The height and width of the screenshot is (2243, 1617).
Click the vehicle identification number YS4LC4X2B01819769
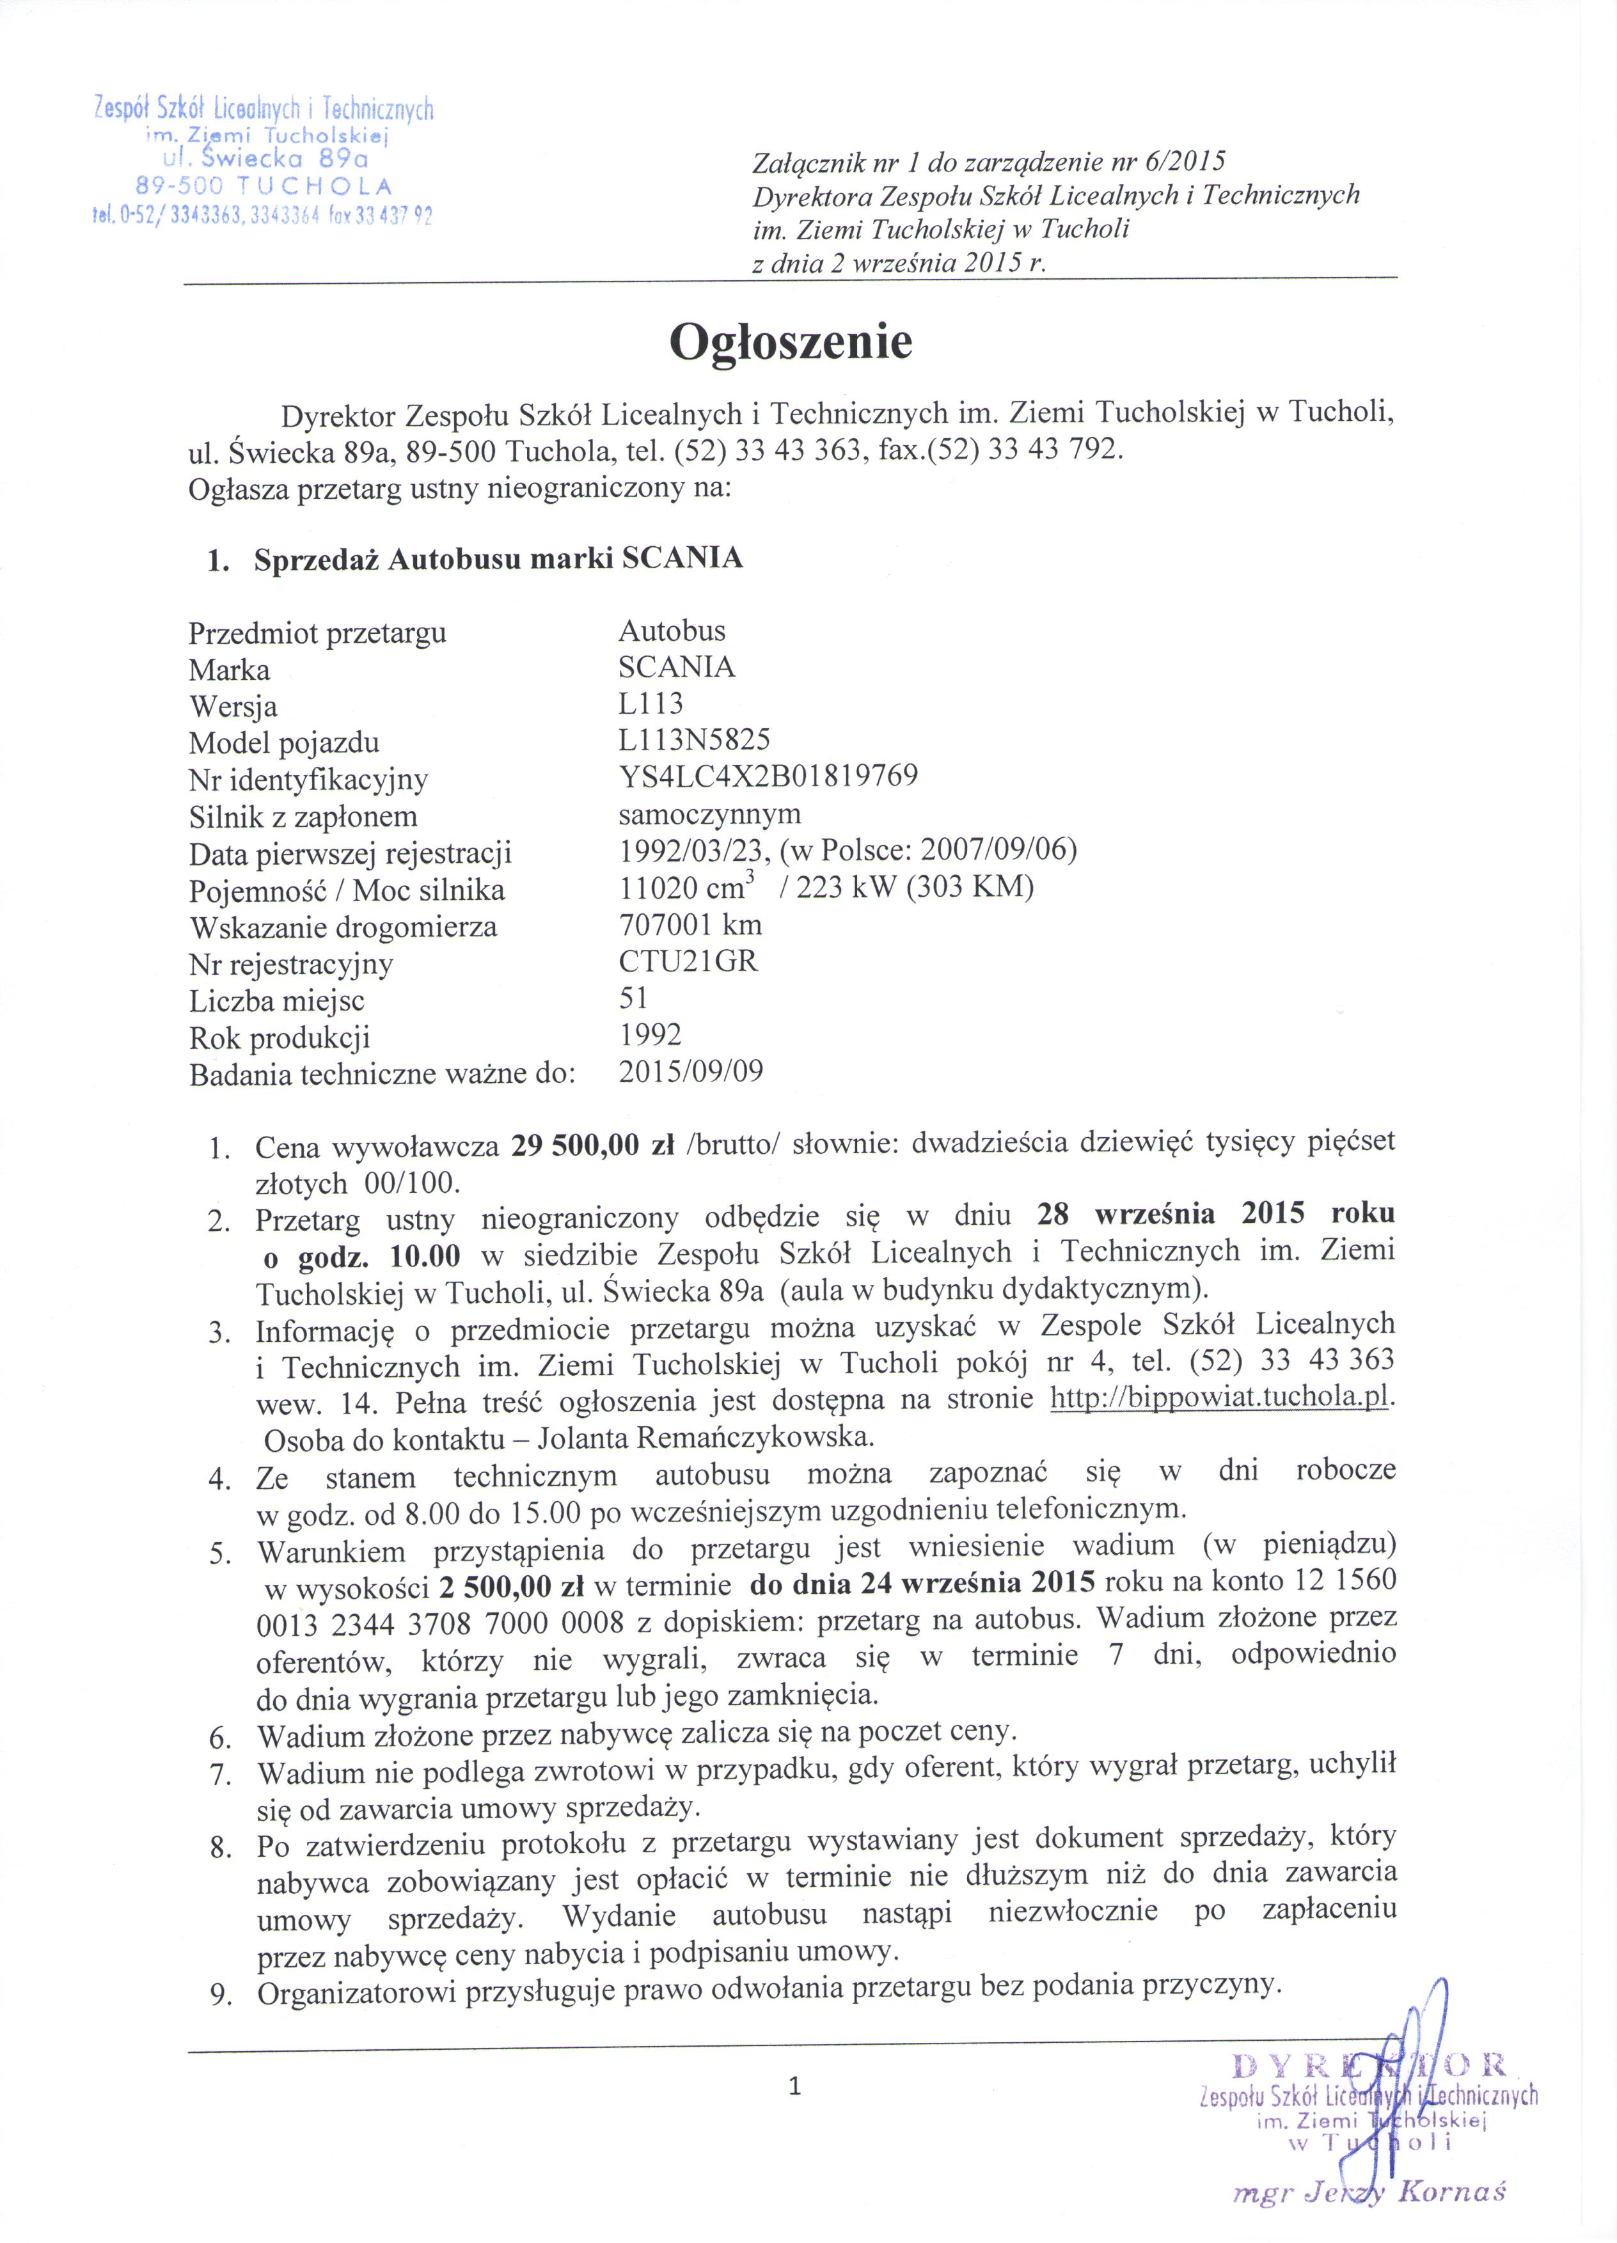768,775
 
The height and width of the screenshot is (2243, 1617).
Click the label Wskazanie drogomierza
343,927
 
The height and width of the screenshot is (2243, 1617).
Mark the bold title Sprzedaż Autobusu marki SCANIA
498,559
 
